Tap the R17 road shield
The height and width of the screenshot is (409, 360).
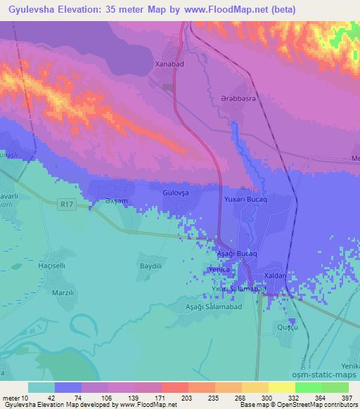coord(67,204)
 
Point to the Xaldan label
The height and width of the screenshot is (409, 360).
coord(274,276)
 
